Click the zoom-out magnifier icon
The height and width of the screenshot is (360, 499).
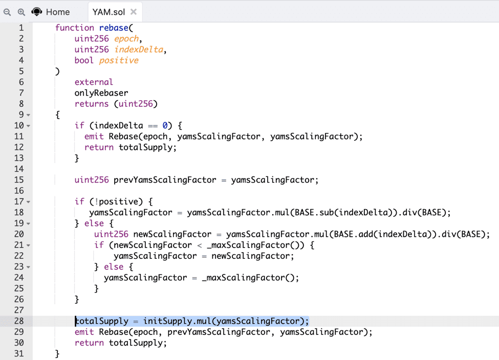(7, 12)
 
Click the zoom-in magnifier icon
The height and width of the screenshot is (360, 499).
(21, 12)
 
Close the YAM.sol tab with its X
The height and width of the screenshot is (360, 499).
(134, 12)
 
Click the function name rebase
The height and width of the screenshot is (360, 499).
(114, 28)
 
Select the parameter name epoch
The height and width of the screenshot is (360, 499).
(126, 39)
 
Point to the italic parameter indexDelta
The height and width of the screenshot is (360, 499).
(139, 50)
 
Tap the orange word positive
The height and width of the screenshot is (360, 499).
(119, 60)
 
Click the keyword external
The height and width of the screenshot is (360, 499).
(94, 82)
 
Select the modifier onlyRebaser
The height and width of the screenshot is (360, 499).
(101, 93)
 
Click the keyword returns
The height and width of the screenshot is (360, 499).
(92, 104)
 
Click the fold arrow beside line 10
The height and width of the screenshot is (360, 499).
(28, 126)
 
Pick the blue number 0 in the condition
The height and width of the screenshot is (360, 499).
(165, 126)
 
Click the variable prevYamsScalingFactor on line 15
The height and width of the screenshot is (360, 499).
(165, 179)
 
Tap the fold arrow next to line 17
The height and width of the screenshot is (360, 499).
(28, 202)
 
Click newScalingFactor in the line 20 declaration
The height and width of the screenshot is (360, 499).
(172, 234)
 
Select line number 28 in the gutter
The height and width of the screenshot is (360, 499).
(19, 321)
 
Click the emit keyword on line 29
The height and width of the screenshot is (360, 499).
(84, 332)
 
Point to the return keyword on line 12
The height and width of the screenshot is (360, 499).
(99, 147)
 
